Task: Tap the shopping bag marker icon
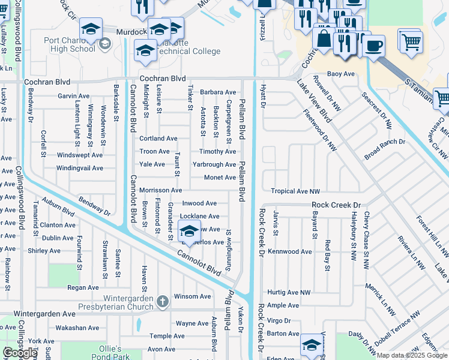click(324, 39)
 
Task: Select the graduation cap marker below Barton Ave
click(312, 345)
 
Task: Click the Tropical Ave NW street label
click(295, 191)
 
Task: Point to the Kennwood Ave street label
click(290, 251)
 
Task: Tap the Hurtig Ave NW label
click(289, 292)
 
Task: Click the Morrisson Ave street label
click(160, 190)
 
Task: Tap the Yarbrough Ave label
click(214, 164)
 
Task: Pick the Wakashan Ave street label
click(78, 328)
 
